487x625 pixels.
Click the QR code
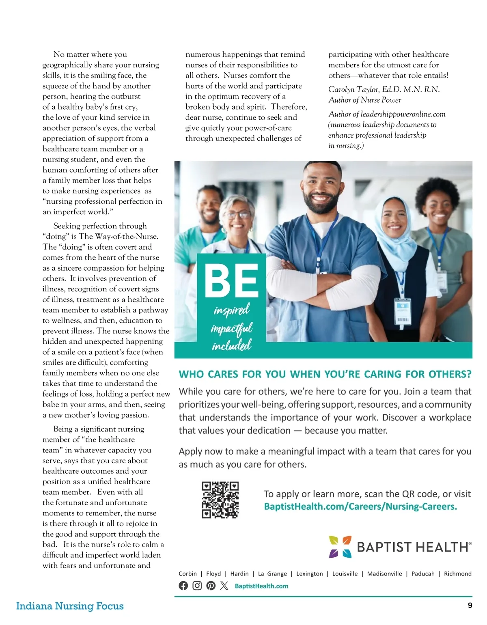(220, 500)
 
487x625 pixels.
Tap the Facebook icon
(183, 586)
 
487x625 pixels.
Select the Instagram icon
(197, 586)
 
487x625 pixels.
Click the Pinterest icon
(211, 586)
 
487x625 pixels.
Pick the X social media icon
(224, 586)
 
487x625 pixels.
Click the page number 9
(470, 606)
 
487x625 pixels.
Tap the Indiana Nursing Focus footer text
(70, 606)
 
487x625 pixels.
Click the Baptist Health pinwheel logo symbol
(340, 547)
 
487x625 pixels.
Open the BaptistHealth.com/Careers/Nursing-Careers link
(360, 506)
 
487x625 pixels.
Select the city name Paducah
(423, 574)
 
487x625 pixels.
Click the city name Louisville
(345, 574)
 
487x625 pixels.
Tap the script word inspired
(232, 311)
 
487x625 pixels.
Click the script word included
(232, 346)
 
